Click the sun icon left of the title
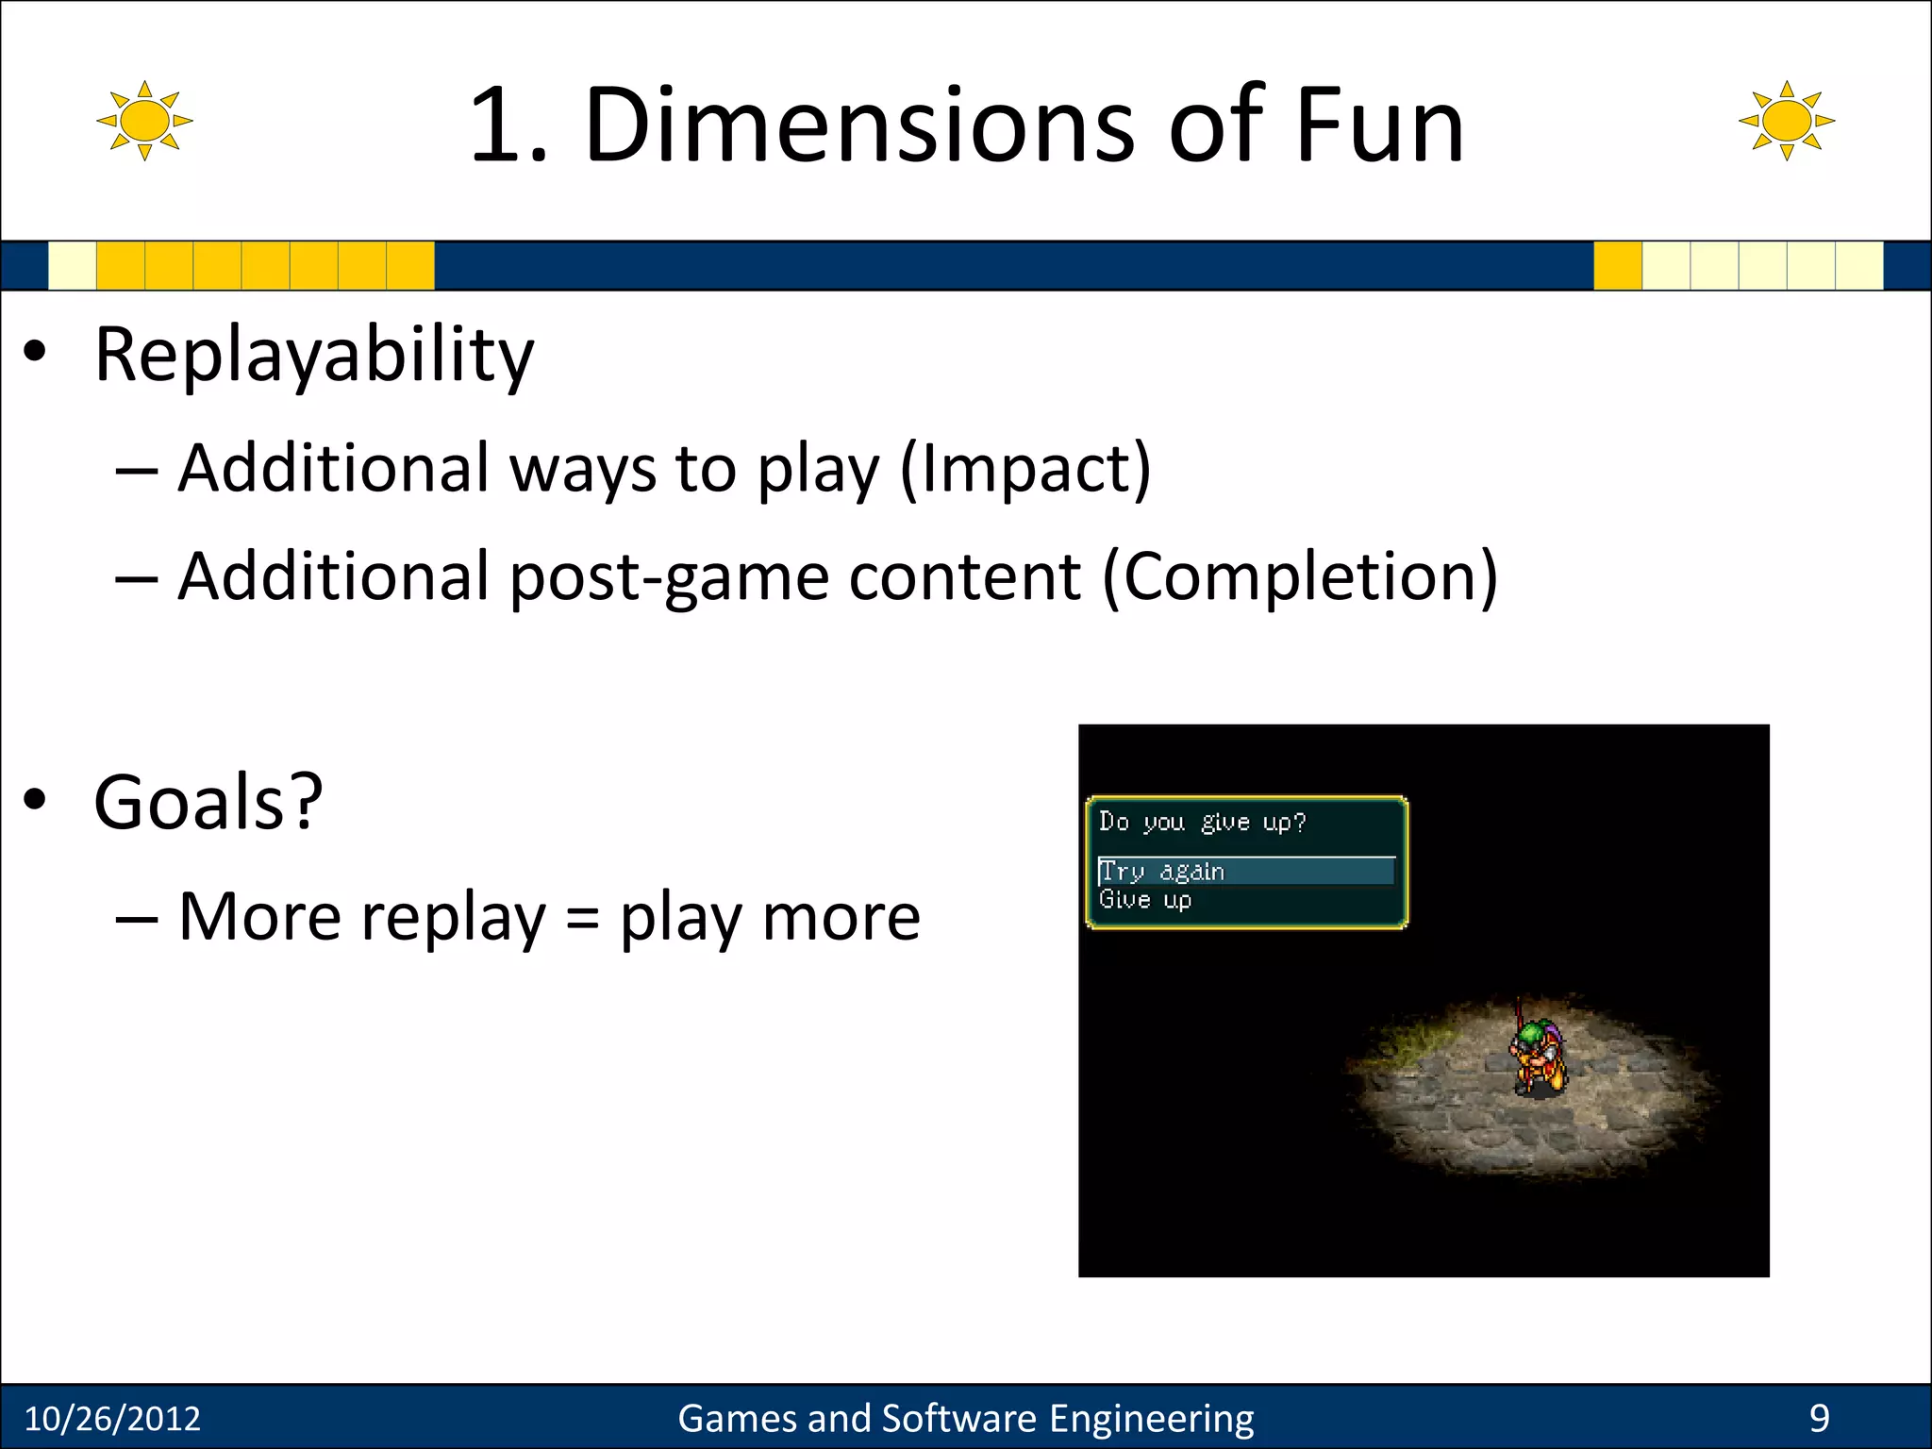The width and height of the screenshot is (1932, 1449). coord(144,121)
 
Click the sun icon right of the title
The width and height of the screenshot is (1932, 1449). coord(1786,121)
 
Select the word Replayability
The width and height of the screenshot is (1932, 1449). coord(314,356)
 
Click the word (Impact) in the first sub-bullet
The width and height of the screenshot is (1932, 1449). coord(1025,469)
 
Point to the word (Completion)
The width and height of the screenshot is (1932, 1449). coord(1300,576)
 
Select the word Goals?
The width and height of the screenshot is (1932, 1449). coord(208,802)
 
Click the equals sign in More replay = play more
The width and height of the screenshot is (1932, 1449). coord(583,918)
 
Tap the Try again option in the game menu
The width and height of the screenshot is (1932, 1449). coord(1162,872)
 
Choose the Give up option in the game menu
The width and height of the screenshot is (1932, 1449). coord(1145,900)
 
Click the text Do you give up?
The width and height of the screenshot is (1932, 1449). coord(1202,823)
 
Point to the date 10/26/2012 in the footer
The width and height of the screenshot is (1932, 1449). coord(112,1419)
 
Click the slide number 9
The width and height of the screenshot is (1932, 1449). coord(1819,1419)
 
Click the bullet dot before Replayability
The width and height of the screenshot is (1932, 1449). coord(35,352)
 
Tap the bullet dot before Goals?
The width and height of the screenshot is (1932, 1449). coord(35,799)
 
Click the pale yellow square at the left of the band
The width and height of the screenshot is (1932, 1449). coord(72,265)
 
